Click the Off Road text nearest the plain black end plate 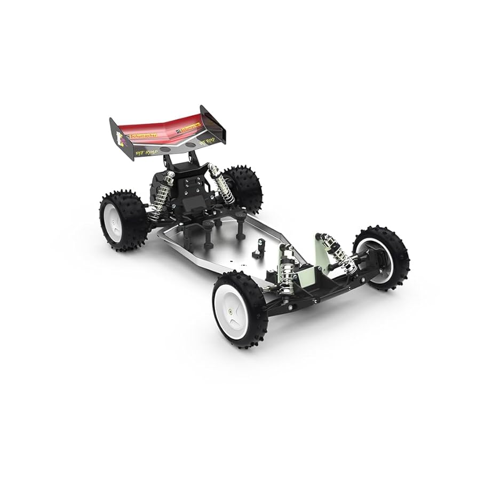206,143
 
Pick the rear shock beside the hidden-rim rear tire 222,185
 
